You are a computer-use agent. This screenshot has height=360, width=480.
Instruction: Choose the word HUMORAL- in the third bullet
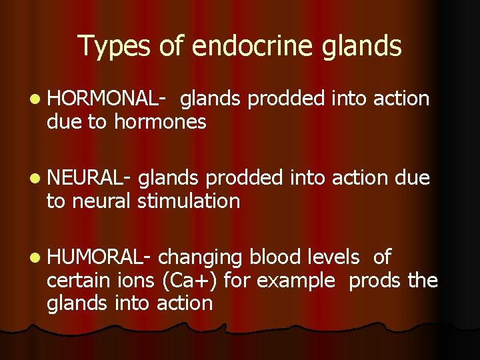[100, 257]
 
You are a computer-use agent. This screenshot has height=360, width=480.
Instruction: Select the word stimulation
[189, 201]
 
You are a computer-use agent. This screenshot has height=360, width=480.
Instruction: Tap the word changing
[201, 258]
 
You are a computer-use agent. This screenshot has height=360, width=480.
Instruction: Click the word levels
[333, 257]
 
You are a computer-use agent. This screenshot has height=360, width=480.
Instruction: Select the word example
[295, 281]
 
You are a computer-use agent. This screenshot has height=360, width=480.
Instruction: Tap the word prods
[375, 281]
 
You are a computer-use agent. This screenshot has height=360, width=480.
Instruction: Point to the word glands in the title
[363, 46]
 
